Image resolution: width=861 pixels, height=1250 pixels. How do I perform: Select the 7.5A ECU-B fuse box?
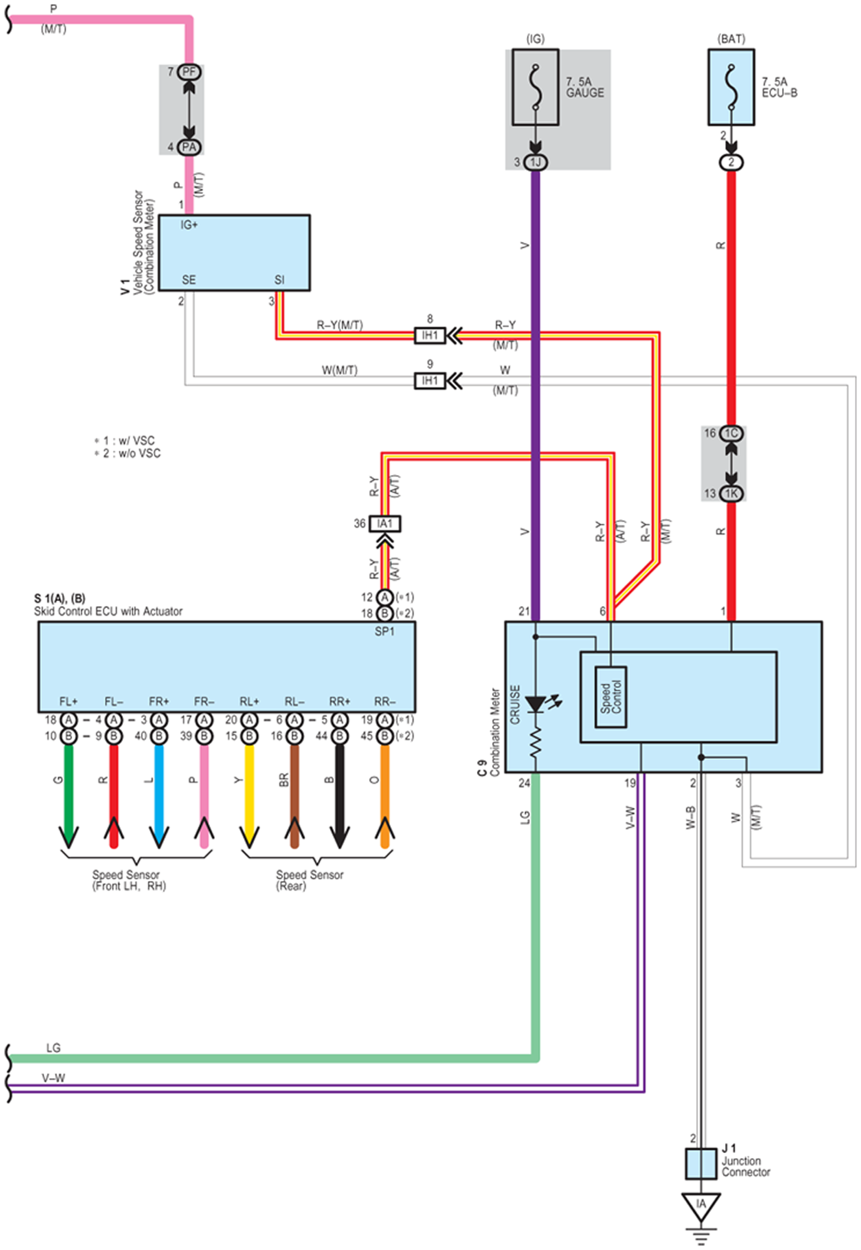[x=731, y=87]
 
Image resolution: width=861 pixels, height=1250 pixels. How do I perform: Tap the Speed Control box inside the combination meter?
[x=611, y=697]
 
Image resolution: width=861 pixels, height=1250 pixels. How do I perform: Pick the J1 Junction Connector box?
[x=701, y=1164]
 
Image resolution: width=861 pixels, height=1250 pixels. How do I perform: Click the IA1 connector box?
[x=385, y=523]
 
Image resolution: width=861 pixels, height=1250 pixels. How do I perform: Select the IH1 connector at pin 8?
[x=429, y=335]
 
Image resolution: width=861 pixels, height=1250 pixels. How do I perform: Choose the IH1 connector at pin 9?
[x=429, y=381]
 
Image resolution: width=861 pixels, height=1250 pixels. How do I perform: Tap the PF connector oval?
[x=189, y=72]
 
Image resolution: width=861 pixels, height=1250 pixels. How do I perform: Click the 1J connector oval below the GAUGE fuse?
[x=535, y=162]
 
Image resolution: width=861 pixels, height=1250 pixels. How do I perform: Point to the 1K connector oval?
[x=731, y=493]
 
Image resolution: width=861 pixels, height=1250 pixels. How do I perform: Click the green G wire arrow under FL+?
[x=69, y=796]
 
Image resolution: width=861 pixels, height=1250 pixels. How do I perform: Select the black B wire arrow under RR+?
[x=339, y=796]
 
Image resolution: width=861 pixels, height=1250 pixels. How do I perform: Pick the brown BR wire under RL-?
[x=295, y=796]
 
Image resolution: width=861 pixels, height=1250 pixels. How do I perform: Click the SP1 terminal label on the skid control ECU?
[x=385, y=631]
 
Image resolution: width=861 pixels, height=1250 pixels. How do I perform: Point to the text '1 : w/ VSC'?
[x=125, y=441]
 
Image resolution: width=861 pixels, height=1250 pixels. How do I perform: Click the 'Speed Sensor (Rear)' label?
[x=309, y=880]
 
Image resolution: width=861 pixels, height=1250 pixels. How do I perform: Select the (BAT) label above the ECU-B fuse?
[x=731, y=39]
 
